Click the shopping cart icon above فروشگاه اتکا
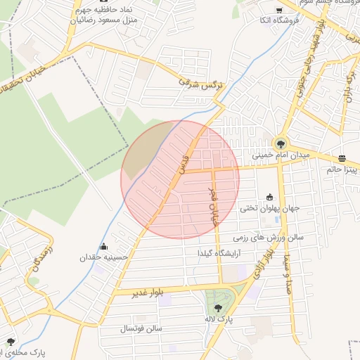pos(279,10)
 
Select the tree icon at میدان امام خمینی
pos(281,143)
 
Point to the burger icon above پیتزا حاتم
pos(342,158)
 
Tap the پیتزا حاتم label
pos(342,169)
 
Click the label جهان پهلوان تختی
pos(269,208)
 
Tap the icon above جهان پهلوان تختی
pos(269,198)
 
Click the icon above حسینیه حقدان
pos(105,247)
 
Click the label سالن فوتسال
pos(141,328)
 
